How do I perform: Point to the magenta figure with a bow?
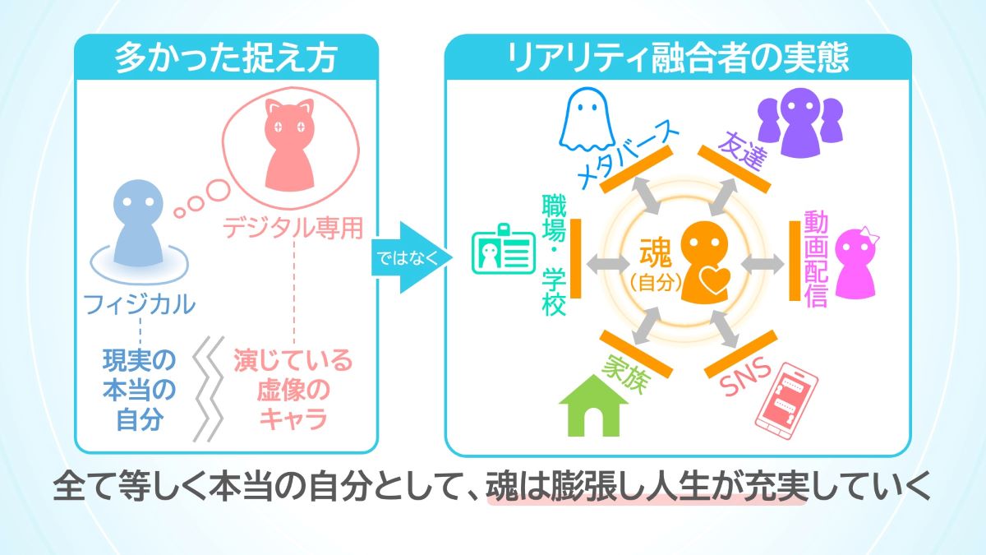click(x=855, y=261)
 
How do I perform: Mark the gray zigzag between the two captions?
click(x=210, y=387)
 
